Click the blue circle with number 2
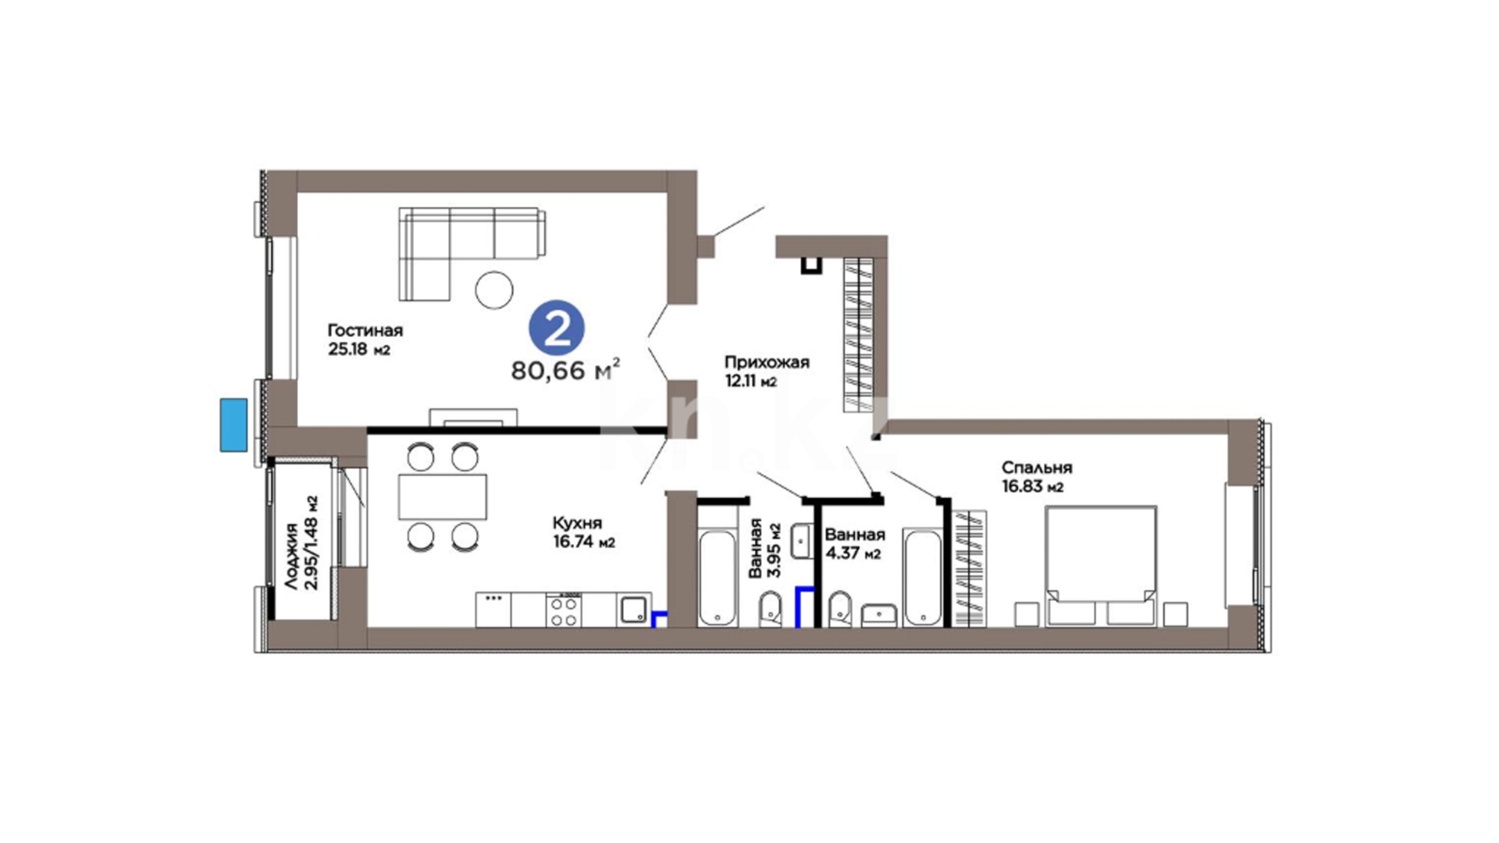pyautogui.click(x=557, y=328)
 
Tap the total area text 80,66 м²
pyautogui.click(x=566, y=369)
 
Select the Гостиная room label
pyautogui.click(x=365, y=330)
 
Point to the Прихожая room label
pyautogui.click(x=767, y=362)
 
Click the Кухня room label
pyautogui.click(x=577, y=523)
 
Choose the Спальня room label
pyautogui.click(x=1037, y=468)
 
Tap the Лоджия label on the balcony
pyautogui.click(x=291, y=556)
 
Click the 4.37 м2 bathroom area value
pyautogui.click(x=853, y=553)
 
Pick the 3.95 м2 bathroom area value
pyautogui.click(x=774, y=550)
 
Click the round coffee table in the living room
pyautogui.click(x=494, y=290)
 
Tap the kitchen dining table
pyautogui.click(x=443, y=496)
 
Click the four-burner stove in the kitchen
pyautogui.click(x=564, y=610)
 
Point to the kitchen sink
pyautogui.click(x=632, y=610)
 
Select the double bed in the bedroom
pyautogui.click(x=1101, y=565)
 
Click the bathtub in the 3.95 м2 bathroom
pyautogui.click(x=717, y=578)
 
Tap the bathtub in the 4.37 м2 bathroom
pyautogui.click(x=922, y=578)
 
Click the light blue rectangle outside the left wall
pyautogui.click(x=233, y=425)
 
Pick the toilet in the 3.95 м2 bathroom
pyautogui.click(x=771, y=609)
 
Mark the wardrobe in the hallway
pyautogui.click(x=858, y=334)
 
